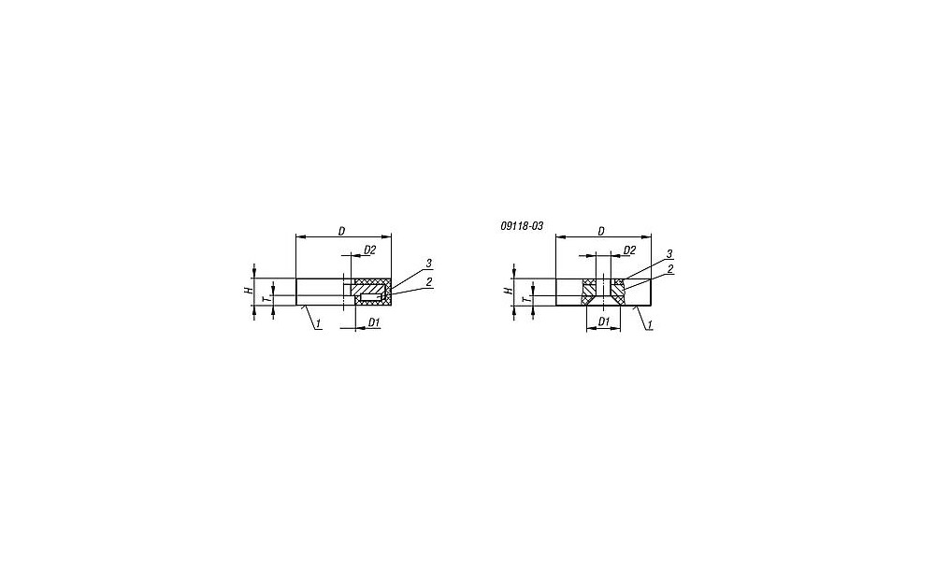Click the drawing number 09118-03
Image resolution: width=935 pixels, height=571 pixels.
pos(522,226)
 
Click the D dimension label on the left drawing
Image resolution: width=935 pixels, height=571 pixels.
pos(341,231)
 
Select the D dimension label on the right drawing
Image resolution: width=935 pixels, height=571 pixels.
pos(601,231)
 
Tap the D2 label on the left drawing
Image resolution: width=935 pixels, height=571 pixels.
pos(369,250)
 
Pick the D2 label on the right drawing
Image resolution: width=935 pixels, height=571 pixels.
pos(629,250)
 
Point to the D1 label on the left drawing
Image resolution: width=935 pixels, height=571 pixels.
pos(374,322)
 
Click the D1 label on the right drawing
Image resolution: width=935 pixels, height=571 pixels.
pos(603,322)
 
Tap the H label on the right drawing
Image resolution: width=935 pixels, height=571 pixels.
pos(508,292)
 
